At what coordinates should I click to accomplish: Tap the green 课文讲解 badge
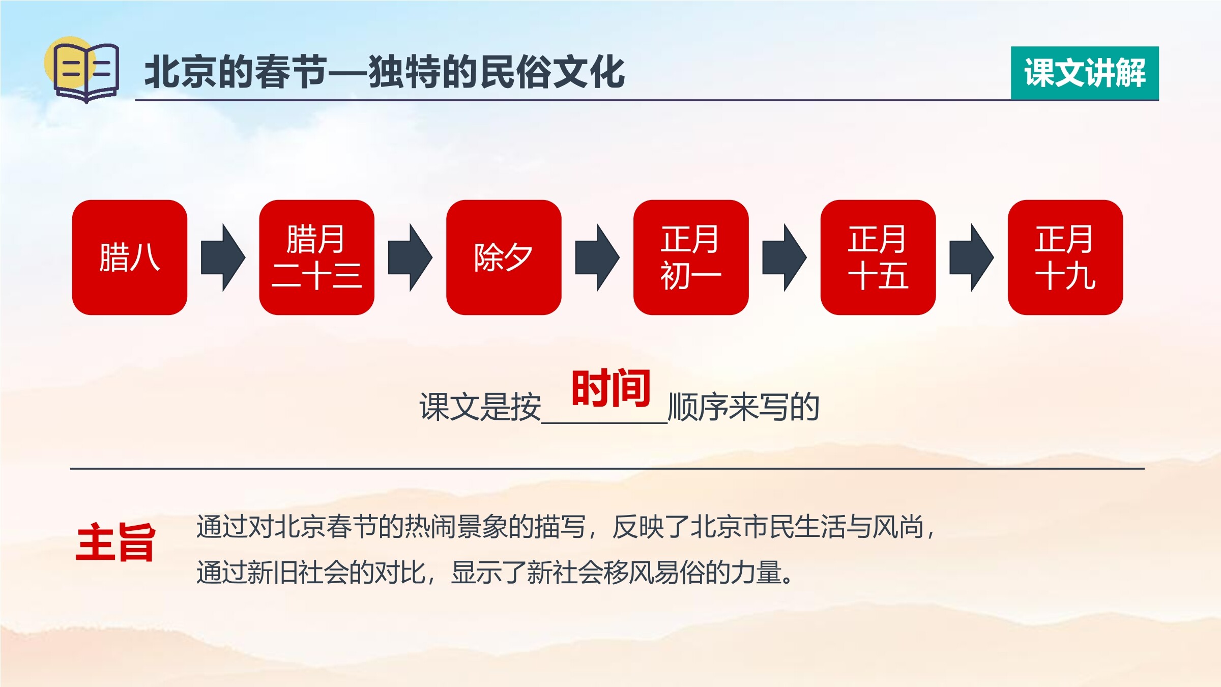point(1085,73)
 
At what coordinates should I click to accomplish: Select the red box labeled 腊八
point(130,257)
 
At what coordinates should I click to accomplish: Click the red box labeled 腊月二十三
point(317,257)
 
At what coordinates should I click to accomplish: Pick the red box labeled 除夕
point(504,257)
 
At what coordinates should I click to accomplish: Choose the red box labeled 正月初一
point(691,257)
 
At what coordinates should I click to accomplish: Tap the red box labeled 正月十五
point(878,257)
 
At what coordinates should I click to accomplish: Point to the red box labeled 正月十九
point(1065,257)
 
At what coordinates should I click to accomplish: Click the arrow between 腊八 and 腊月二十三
point(223,257)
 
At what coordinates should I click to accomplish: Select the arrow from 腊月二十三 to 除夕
point(411,257)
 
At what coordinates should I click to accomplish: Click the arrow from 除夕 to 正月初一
point(598,257)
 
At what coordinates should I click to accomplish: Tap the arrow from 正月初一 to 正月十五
point(784,257)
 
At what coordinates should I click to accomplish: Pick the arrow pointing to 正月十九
point(972,257)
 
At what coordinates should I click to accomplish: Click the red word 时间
point(611,388)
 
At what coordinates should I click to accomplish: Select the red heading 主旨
point(115,542)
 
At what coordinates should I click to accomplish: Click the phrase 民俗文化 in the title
point(552,72)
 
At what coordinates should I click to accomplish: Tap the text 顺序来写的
point(744,407)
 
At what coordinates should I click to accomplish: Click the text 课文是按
point(480,407)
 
